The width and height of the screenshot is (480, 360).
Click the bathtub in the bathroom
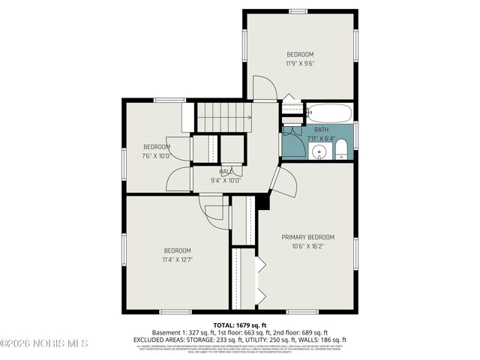329,114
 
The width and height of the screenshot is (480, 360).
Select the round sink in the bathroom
319,153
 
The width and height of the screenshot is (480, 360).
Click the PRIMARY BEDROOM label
307,237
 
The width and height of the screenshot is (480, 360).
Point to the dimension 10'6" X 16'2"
307,245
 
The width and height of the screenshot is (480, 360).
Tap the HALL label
226,172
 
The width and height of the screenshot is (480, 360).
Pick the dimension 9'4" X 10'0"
226,180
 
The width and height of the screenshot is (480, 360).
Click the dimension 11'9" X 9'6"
299,63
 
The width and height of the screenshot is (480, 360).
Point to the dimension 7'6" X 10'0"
157,156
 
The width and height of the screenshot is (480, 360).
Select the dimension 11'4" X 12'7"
177,259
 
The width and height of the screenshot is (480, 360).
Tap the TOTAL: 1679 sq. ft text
240,325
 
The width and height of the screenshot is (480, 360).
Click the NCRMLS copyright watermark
45,343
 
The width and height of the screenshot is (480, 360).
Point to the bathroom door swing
295,144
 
